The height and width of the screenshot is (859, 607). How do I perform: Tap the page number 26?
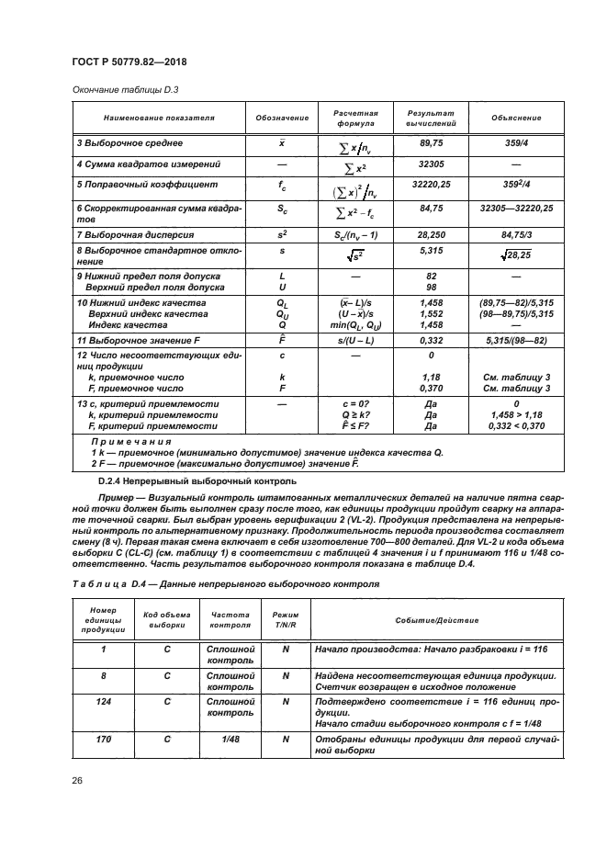[78, 780]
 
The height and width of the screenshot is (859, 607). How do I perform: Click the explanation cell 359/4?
[515, 143]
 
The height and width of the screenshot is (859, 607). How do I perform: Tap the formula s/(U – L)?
[354, 340]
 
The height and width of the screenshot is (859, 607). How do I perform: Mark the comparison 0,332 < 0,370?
[515, 425]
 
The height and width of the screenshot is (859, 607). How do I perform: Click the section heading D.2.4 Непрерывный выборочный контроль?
[197, 480]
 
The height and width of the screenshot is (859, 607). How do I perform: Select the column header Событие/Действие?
[437, 620]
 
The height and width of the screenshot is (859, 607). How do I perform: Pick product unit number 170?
[103, 738]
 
